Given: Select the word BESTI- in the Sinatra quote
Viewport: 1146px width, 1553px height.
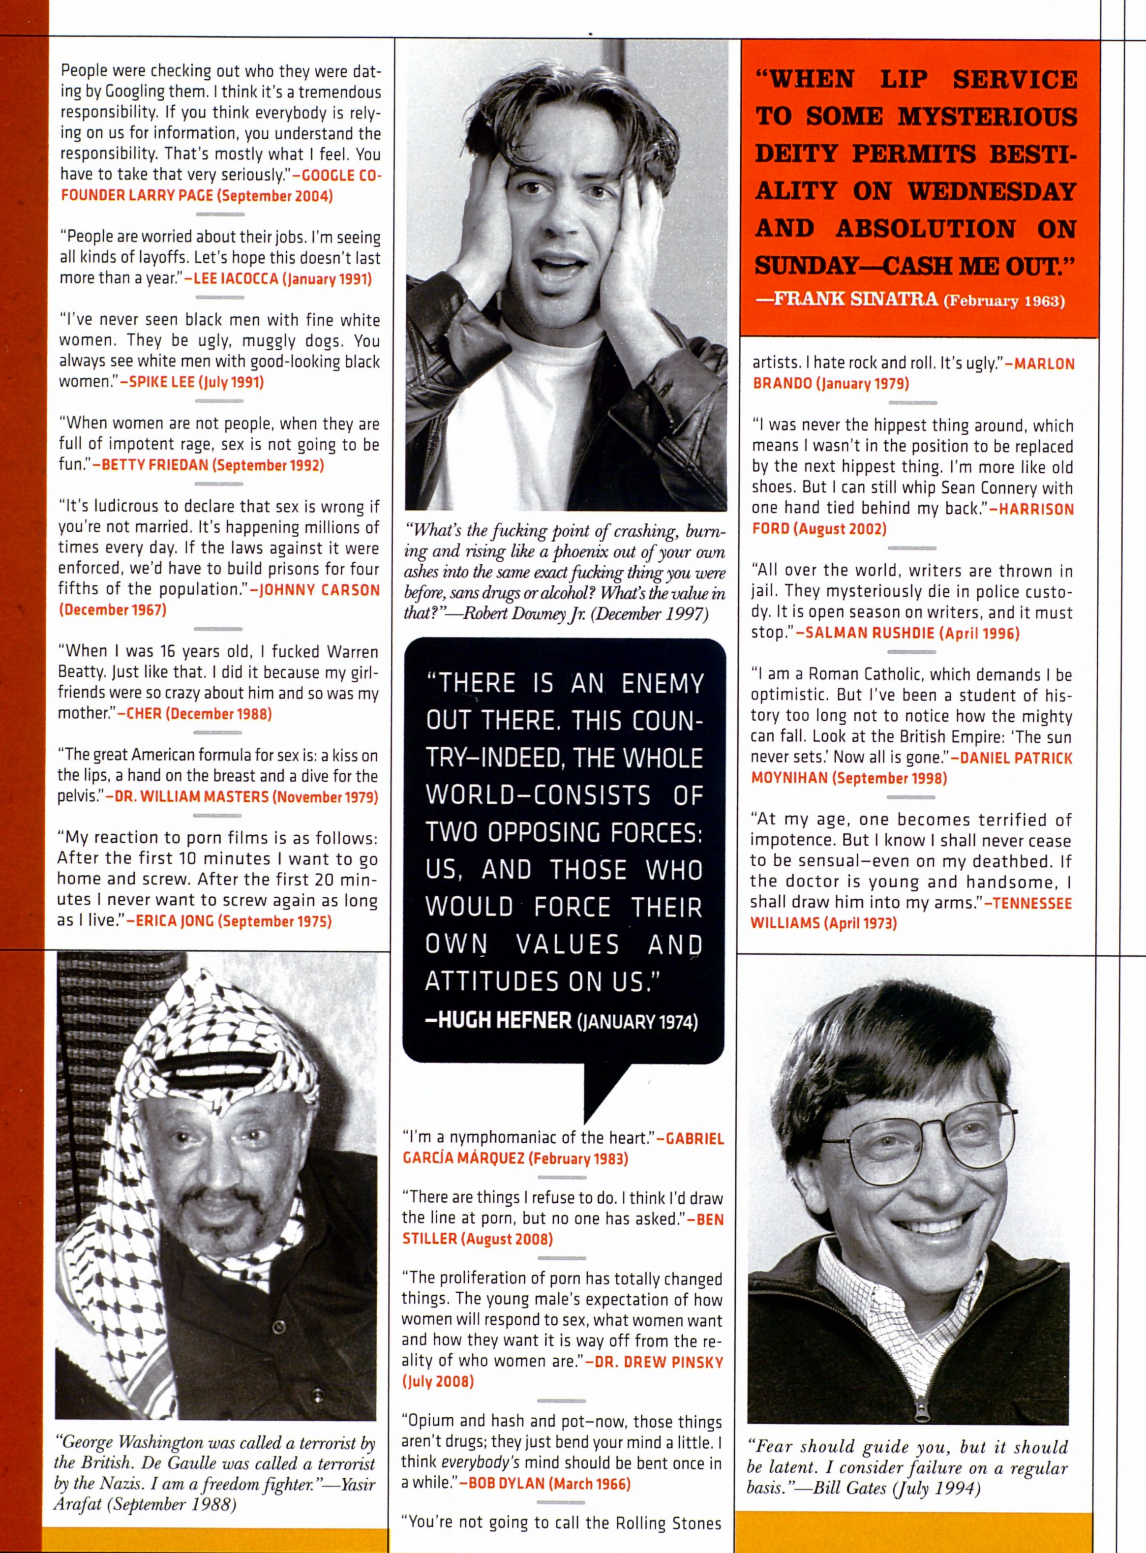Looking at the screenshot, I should pos(1033,154).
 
